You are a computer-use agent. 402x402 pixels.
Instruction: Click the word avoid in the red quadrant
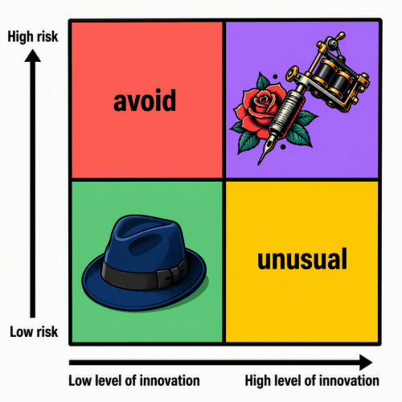pos(145,100)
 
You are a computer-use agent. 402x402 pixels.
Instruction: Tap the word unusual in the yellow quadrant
pos(302,259)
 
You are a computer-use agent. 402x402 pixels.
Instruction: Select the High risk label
pos(33,36)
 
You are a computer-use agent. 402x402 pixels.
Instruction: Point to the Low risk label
pos(34,331)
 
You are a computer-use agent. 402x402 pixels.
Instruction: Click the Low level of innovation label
pos(134,380)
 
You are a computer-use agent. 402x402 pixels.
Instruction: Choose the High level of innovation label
pos(312,380)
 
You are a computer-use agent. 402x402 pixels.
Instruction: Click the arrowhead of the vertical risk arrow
pos(33,55)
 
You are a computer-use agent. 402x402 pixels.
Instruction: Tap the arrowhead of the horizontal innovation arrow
pos(366,363)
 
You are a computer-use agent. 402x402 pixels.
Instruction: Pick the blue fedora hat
pos(144,263)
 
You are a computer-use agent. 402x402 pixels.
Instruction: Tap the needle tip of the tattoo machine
pos(260,163)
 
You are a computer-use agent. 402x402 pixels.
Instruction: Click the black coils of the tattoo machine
pos(332,74)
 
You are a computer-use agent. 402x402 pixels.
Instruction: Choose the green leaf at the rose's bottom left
pos(248,142)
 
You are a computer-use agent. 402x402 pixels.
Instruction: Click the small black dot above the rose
pos(275,76)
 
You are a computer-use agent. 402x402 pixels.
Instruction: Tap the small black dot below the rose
pos(283,147)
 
